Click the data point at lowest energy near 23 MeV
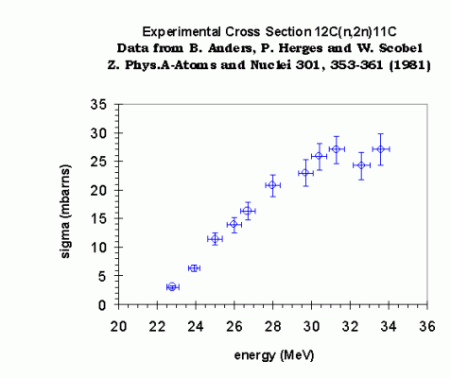[x=172, y=286]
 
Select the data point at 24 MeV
[x=195, y=268]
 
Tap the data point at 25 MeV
[x=215, y=239]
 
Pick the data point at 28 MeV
[x=272, y=185]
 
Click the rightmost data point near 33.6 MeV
[x=380, y=149]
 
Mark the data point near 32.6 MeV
[x=361, y=165]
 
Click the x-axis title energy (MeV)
[x=272, y=355]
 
